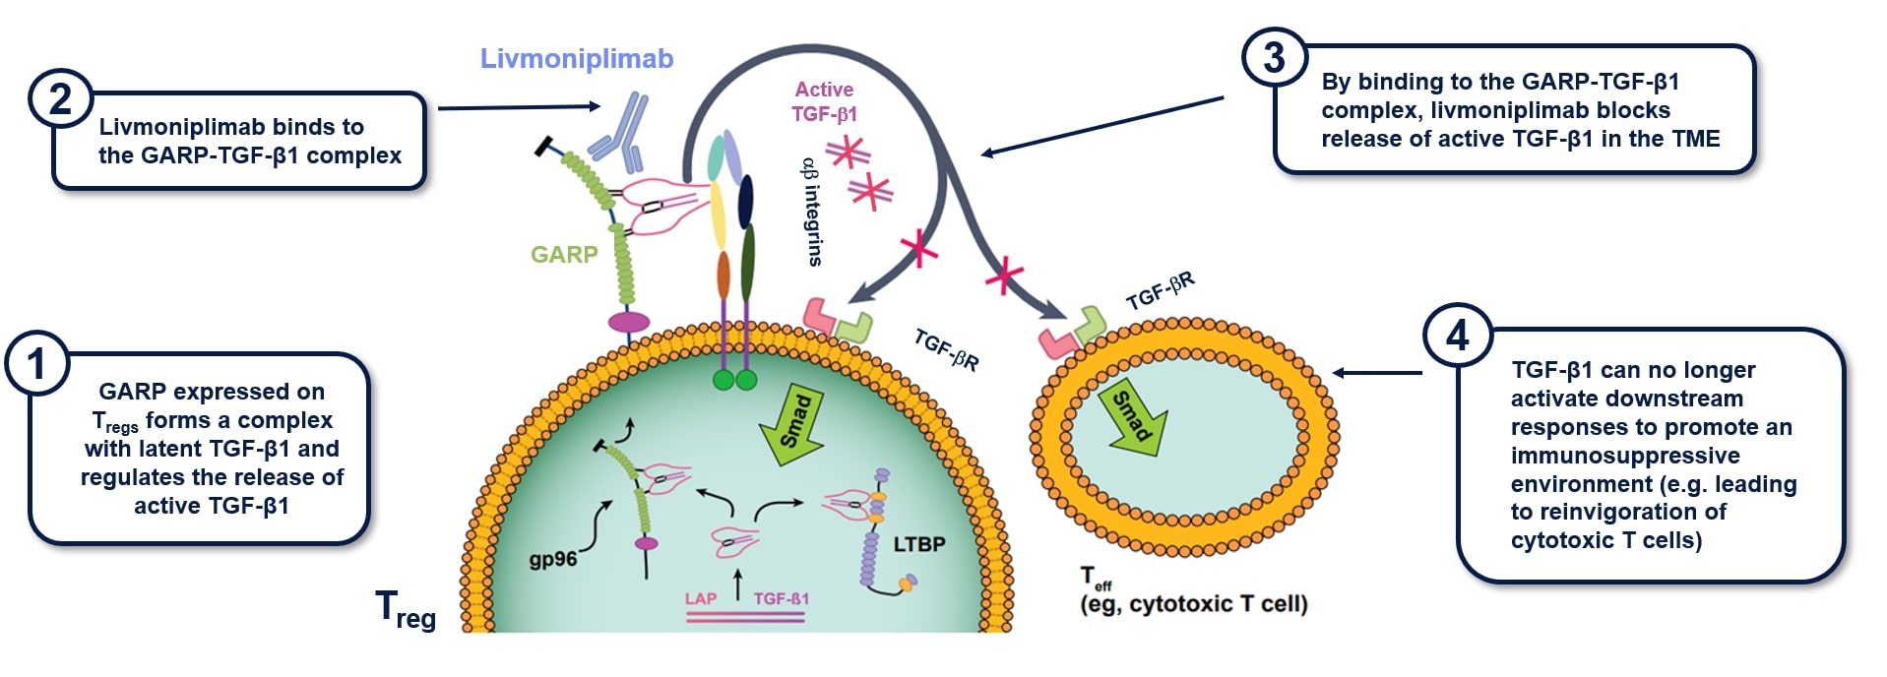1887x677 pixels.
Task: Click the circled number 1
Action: click(37, 365)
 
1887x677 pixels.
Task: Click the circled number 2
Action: click(60, 100)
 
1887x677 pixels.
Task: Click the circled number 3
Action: click(1274, 58)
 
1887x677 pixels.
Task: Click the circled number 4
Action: click(1457, 336)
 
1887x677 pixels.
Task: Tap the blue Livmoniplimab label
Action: click(577, 59)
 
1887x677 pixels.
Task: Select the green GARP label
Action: click(564, 255)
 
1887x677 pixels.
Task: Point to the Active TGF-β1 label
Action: click(825, 101)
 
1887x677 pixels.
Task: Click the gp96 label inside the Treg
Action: click(553, 559)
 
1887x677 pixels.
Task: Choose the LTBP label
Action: click(918, 544)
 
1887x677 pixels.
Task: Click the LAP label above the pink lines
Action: click(701, 598)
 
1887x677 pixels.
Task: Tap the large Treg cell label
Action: click(405, 609)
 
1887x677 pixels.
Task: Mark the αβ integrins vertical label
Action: click(812, 211)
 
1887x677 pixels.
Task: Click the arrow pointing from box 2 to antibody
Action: click(518, 107)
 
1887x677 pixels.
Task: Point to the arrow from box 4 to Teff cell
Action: click(1377, 373)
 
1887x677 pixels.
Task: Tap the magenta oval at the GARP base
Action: click(629, 322)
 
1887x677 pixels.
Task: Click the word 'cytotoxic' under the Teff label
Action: click(1179, 604)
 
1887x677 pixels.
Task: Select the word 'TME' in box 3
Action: click(1694, 139)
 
